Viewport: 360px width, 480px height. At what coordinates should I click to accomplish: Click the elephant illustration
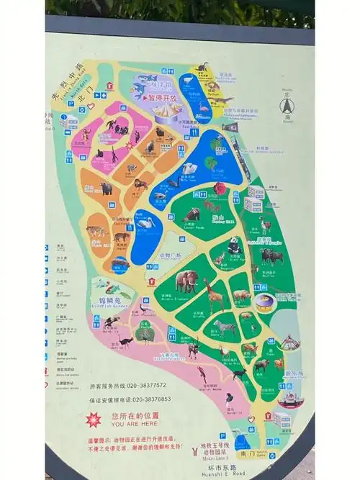186,281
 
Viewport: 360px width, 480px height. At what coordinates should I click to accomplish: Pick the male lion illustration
140,185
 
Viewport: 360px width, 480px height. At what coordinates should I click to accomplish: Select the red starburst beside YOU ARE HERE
94,420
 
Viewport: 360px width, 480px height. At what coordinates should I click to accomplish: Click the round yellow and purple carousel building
265,302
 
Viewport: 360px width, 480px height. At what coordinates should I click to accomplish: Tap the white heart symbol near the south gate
251,419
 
